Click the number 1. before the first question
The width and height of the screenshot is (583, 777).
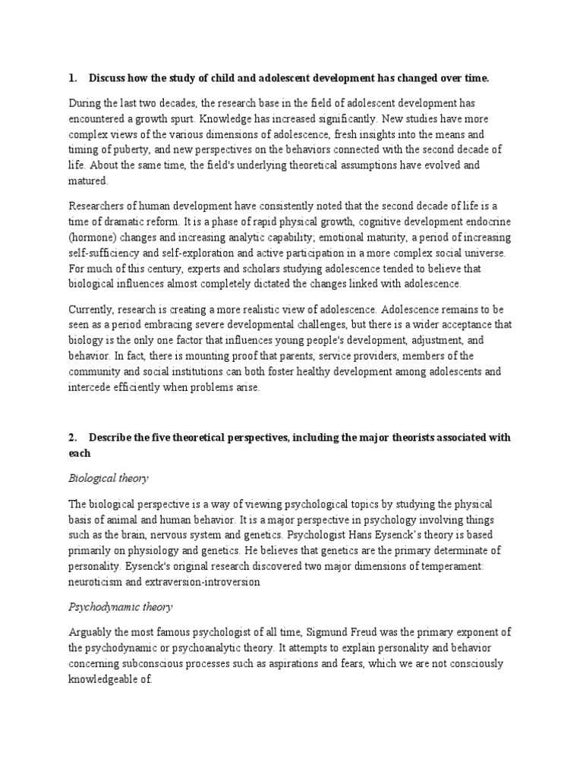[x=73, y=78]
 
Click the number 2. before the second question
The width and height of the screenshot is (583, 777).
[x=73, y=438]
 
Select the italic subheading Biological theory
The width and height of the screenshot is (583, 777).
[x=109, y=478]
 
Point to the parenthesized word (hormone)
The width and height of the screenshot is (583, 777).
[x=94, y=237]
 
